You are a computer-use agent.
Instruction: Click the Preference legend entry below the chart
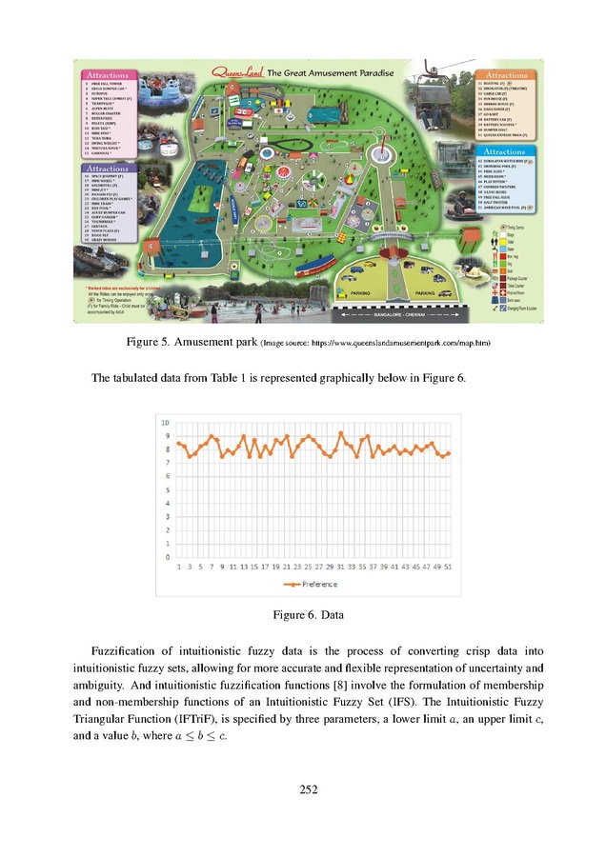[x=310, y=583]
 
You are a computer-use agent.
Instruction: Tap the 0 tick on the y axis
[x=167, y=556]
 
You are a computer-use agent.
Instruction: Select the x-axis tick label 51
[x=447, y=567]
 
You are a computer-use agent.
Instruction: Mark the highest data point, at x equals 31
[x=341, y=433]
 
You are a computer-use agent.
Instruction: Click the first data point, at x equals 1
[x=178, y=443]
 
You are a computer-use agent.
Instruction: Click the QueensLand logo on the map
[x=232, y=71]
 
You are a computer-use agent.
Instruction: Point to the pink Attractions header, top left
[x=111, y=74]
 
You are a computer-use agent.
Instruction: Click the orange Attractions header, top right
[x=506, y=74]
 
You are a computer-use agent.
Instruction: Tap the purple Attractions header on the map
[x=109, y=169]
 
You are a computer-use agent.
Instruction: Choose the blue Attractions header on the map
[x=506, y=151]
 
